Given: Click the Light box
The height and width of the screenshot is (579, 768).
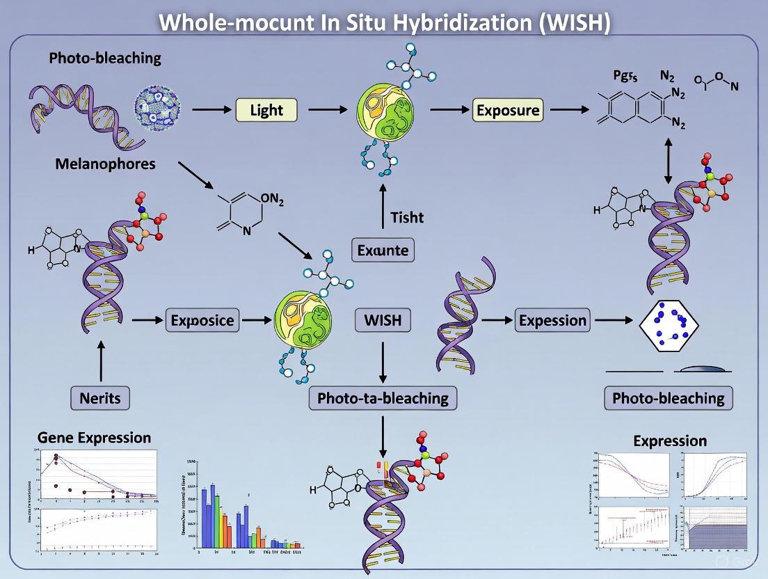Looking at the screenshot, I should [x=266, y=110].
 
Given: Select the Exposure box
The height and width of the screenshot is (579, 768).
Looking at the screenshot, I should [x=507, y=110].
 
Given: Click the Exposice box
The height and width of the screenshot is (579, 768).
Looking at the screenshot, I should [x=202, y=321].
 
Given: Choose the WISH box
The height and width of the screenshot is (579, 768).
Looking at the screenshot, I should [x=383, y=321].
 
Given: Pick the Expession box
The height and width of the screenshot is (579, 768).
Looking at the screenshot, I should [x=553, y=321].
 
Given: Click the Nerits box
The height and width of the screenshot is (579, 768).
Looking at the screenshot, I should [x=99, y=398].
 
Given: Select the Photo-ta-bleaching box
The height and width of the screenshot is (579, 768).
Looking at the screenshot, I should [x=383, y=398].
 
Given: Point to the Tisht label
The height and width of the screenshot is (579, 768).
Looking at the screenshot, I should [x=407, y=217].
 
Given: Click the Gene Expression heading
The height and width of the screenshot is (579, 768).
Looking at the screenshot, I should [x=93, y=438].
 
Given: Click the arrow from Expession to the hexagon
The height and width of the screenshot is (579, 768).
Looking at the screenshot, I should [x=612, y=321].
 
